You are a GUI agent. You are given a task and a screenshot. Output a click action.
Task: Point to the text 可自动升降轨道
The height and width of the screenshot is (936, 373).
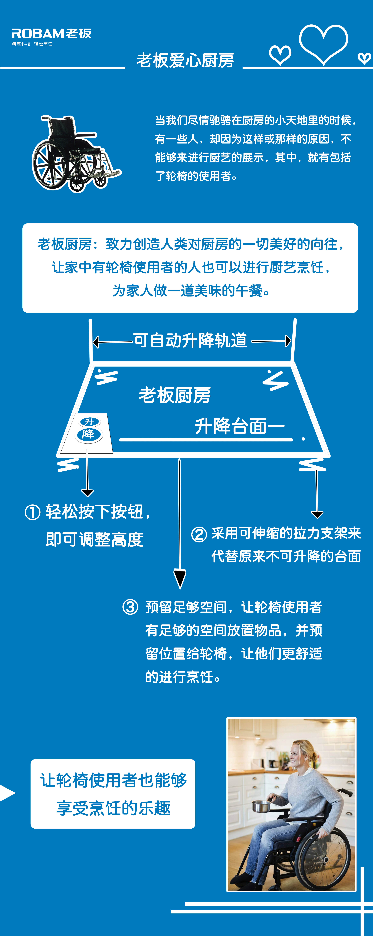pos(190,340)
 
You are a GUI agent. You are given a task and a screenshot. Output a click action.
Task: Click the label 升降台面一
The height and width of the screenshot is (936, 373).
pos(240,426)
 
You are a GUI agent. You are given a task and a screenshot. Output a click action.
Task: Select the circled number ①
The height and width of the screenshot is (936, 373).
pos(32,512)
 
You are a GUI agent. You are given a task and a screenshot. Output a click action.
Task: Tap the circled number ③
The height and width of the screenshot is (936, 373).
pos(130,607)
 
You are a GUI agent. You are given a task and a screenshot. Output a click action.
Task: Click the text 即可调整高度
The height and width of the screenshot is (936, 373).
pos(94,540)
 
